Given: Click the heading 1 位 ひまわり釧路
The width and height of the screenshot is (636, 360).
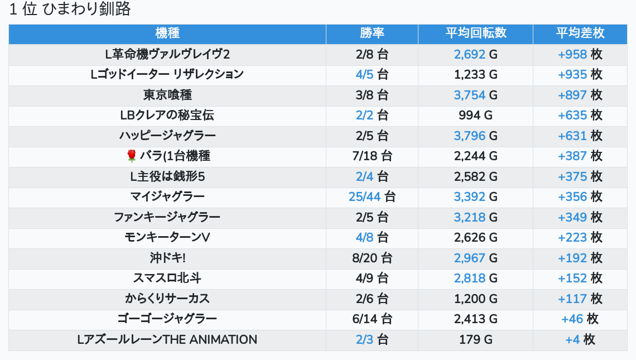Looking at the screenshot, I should click(x=70, y=9).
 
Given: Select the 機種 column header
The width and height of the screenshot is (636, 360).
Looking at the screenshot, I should click(x=167, y=33).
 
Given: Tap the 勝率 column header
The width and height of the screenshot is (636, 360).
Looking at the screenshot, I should click(x=372, y=33).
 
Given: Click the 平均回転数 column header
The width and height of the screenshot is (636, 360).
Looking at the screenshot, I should click(x=475, y=33).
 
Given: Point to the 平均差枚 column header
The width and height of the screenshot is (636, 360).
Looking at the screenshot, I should click(x=580, y=33).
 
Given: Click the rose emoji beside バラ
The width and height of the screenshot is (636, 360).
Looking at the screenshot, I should click(x=132, y=156).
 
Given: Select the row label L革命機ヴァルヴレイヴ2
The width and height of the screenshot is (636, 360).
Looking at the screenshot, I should click(x=167, y=54).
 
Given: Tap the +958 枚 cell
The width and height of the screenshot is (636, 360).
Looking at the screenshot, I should click(x=580, y=54).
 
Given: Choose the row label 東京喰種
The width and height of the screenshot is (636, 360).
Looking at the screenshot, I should click(x=167, y=95).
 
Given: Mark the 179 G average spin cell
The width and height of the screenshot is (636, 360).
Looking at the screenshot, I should click(x=475, y=339).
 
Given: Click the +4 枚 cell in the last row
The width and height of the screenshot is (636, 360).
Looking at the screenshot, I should click(x=580, y=339).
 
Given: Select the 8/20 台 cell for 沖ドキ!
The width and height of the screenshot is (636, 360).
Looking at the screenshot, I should click(x=372, y=258).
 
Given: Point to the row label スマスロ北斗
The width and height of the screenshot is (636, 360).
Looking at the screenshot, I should click(x=167, y=278).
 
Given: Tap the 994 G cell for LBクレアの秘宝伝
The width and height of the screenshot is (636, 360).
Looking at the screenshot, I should click(x=475, y=116).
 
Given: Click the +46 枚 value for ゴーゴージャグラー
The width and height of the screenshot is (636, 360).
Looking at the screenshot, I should click(x=580, y=319).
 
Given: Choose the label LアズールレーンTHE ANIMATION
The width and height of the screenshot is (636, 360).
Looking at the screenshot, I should click(x=167, y=339).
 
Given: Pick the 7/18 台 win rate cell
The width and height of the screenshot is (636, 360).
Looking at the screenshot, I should click(x=372, y=156).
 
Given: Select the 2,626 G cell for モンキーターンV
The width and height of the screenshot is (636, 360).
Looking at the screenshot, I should click(x=475, y=237).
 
